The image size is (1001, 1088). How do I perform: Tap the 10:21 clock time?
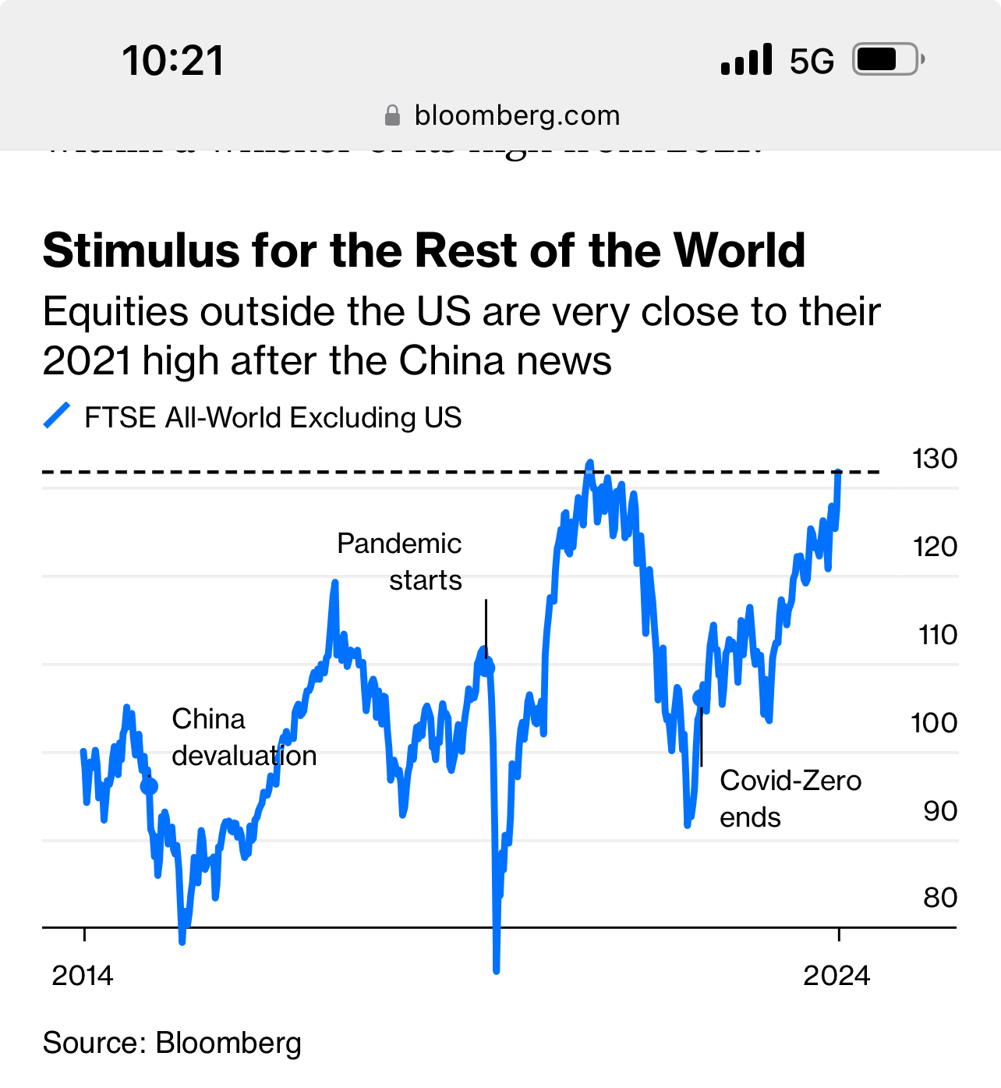pos(173,61)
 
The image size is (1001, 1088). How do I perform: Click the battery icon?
pos(888,59)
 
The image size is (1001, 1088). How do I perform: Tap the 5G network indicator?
pos(812,61)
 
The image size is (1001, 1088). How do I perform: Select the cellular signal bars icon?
pos(746,60)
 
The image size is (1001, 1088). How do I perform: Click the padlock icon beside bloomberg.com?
pos(393,115)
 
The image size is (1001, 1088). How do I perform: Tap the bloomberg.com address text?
pos(517,115)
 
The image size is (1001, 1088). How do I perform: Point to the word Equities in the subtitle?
pos(115,312)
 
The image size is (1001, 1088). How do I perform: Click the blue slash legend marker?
pos(57,416)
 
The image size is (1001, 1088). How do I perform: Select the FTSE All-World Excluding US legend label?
pos(273,418)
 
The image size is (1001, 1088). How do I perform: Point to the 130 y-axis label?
pos(934,459)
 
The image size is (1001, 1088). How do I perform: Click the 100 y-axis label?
pos(934,723)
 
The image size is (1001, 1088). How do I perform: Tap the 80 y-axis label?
pos(939,898)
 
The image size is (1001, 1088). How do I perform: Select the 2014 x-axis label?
pos(82,976)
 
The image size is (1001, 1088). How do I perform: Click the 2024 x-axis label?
pos(837,976)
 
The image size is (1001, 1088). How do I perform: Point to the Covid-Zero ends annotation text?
pos(790,799)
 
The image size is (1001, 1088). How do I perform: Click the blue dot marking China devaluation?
pos(149,786)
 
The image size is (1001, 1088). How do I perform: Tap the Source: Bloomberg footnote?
pos(172,1043)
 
